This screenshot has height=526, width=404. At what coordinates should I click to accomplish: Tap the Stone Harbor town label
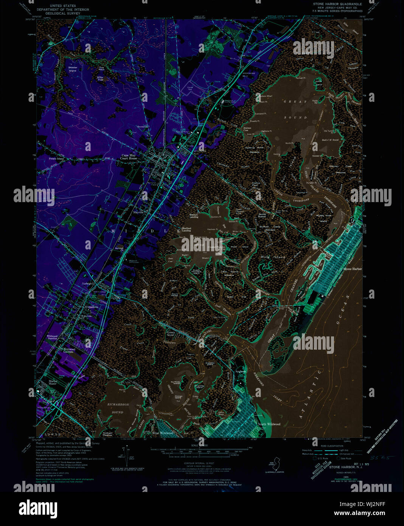[x=352, y=269]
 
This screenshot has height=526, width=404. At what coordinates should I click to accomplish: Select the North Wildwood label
[x=269, y=424]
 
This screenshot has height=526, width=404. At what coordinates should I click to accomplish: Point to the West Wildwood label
[x=163, y=433]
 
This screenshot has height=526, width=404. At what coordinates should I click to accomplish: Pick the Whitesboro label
[x=92, y=307]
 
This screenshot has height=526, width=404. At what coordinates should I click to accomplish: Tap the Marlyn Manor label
[x=52, y=382]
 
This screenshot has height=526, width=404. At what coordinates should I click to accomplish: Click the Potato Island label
[x=56, y=159]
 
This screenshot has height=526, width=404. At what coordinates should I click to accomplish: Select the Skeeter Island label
[x=72, y=69]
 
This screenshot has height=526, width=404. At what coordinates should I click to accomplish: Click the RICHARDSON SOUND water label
[x=118, y=408]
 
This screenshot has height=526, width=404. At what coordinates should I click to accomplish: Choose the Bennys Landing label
[x=194, y=216]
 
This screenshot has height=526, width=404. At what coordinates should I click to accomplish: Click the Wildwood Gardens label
[x=69, y=350]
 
